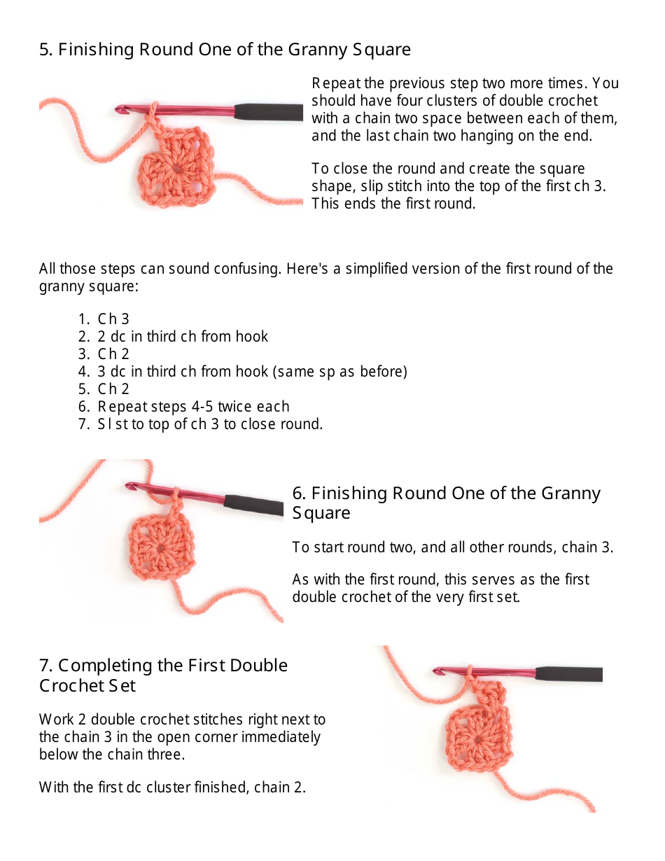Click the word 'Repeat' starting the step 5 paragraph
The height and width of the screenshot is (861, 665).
point(333,83)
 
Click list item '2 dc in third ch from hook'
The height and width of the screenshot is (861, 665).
point(182,337)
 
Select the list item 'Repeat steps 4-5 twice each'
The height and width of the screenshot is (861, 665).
point(192,407)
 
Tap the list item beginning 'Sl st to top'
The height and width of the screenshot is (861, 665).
point(210,424)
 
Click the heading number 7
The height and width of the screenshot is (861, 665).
point(45,665)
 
